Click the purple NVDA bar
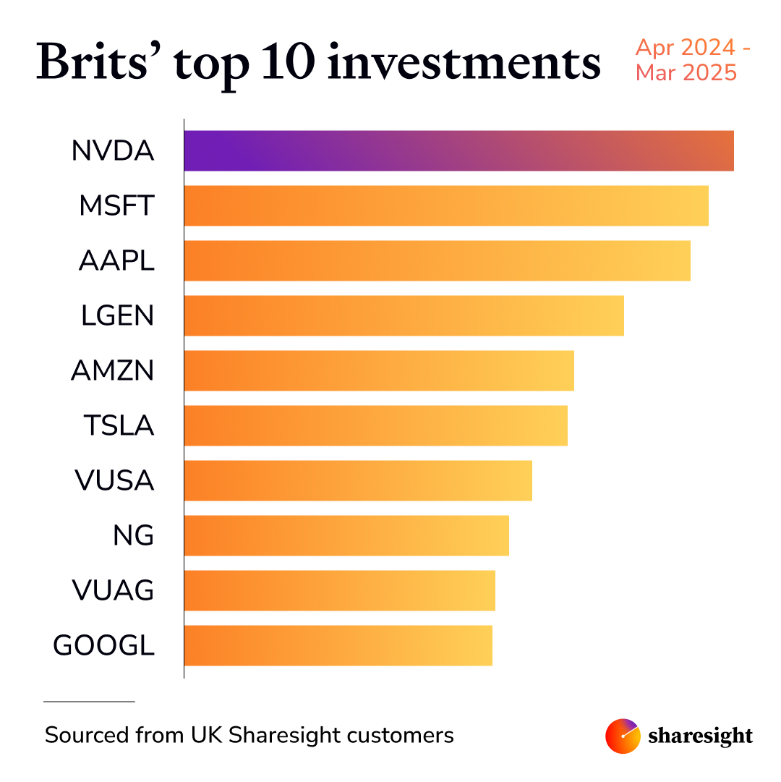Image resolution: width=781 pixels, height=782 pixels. [x=458, y=150]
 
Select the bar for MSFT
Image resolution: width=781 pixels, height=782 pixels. [x=446, y=205]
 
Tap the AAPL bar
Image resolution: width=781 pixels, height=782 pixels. [x=437, y=260]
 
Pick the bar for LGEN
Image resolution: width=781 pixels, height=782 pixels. [x=404, y=315]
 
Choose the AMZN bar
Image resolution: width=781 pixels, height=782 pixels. [x=379, y=370]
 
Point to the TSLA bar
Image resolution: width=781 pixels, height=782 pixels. [x=375, y=425]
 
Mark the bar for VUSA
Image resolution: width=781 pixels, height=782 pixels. [x=358, y=480]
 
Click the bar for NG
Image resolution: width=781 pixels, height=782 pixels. [x=346, y=535]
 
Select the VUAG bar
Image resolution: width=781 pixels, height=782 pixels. [x=339, y=590]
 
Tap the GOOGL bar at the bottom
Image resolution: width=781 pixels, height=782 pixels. [x=338, y=645]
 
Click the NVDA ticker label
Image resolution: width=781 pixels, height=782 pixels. [x=113, y=151]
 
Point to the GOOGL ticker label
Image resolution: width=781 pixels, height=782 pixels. [x=104, y=646]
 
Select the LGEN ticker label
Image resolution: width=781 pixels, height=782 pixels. [x=117, y=316]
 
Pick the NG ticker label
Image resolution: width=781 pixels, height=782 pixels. [x=134, y=536]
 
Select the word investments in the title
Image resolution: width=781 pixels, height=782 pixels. [x=464, y=63]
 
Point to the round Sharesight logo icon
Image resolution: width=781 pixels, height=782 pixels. [x=623, y=736]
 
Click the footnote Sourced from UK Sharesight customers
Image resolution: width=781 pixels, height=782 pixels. [x=249, y=736]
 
